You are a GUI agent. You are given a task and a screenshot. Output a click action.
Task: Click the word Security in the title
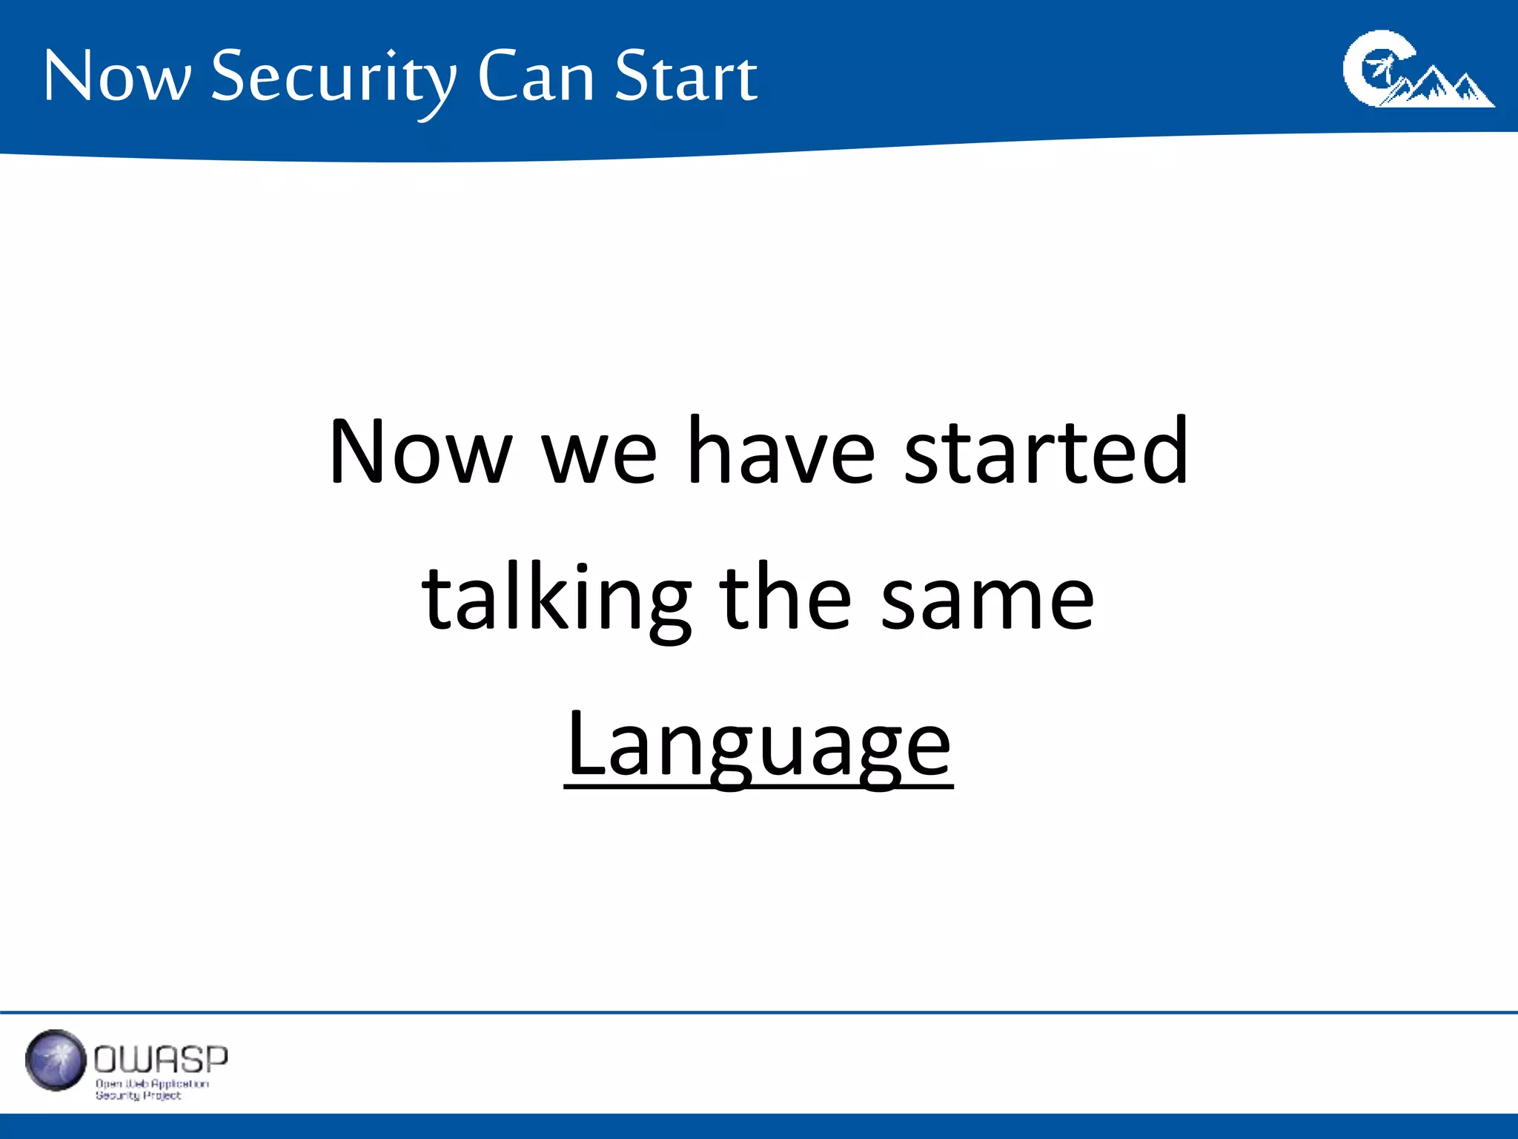(x=334, y=78)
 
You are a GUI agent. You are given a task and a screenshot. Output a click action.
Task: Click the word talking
(x=556, y=599)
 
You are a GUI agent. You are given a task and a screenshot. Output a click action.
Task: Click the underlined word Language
(x=758, y=745)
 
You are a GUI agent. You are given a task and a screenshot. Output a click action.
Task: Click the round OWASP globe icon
(x=56, y=1060)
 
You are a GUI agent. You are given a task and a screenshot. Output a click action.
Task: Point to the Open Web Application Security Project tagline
(x=151, y=1089)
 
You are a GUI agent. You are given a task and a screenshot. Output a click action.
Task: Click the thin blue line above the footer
(x=759, y=1012)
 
